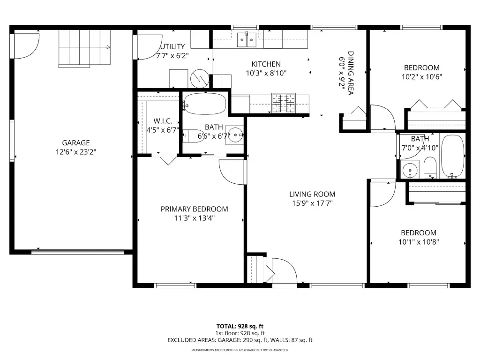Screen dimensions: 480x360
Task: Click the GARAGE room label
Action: (76, 142)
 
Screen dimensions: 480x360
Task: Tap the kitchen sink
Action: (247, 40)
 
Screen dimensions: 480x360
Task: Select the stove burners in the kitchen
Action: (284, 103)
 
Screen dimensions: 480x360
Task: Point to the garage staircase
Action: (84, 48)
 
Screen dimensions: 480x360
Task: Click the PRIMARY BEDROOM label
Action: (195, 209)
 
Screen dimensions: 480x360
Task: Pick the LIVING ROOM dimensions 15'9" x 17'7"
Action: (312, 203)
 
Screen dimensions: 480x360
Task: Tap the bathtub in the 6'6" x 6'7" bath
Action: (205, 104)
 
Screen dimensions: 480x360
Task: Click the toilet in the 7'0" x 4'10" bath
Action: (430, 167)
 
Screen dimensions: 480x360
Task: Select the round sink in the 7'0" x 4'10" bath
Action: (410, 170)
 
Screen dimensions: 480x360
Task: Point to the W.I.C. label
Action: (163, 121)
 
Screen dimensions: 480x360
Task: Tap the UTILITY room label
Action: (172, 46)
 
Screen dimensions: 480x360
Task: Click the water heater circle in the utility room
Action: (200, 79)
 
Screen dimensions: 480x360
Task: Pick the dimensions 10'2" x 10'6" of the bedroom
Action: (422, 77)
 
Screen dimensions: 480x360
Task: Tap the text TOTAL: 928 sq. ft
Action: (240, 326)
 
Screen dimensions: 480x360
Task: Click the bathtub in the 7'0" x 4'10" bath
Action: (453, 157)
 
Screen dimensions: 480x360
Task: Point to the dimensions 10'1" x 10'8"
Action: (419, 242)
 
